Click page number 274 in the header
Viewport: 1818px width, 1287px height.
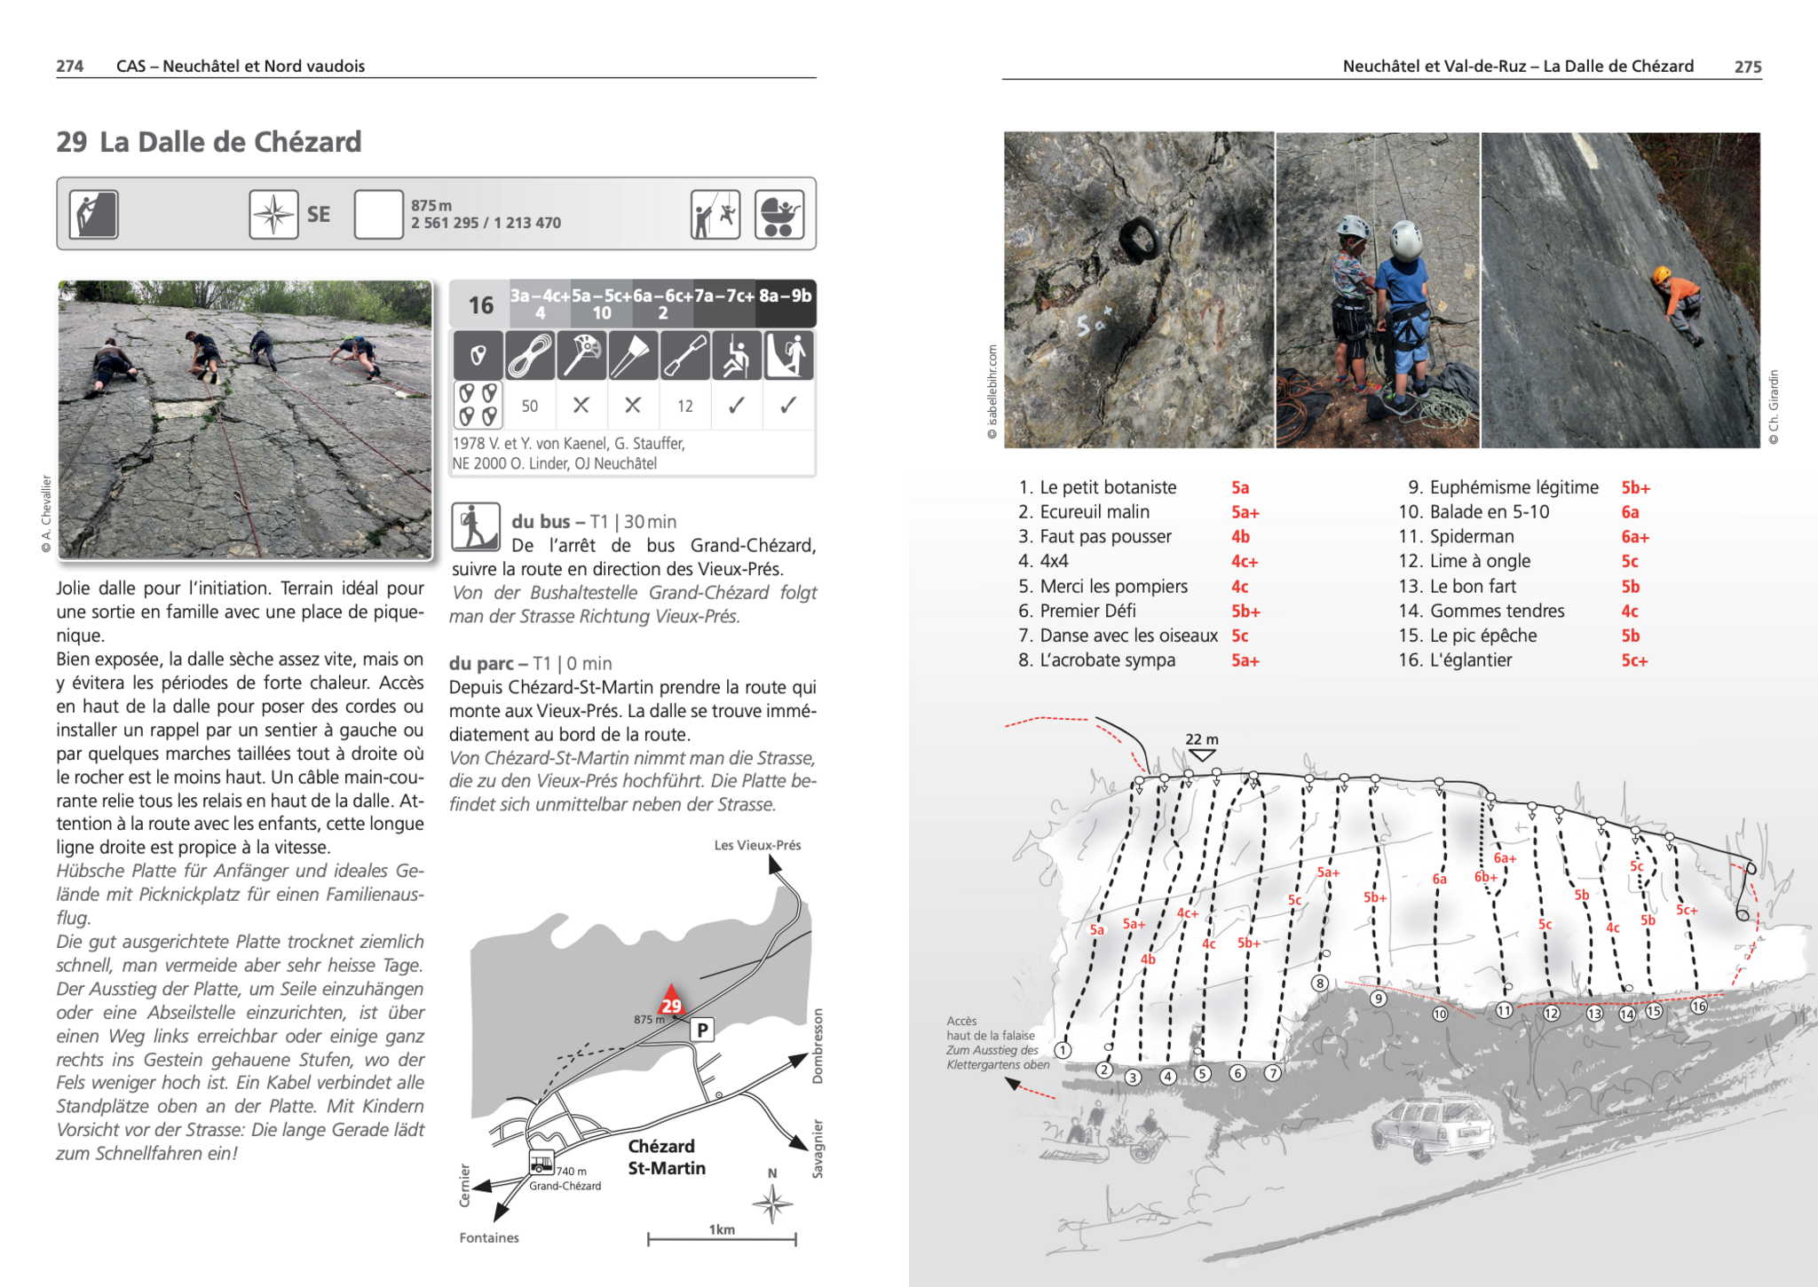pyautogui.click(x=69, y=66)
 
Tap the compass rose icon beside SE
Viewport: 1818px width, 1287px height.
pyautogui.click(x=273, y=214)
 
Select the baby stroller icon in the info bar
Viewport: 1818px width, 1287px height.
pyautogui.click(x=779, y=214)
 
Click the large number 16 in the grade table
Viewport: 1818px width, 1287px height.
pyautogui.click(x=480, y=305)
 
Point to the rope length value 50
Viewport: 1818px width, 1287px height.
pyautogui.click(x=530, y=407)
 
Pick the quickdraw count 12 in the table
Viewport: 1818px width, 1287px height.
pyautogui.click(x=684, y=407)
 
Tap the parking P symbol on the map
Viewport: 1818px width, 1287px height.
pyautogui.click(x=702, y=1030)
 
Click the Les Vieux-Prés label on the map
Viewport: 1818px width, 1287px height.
pyautogui.click(x=757, y=845)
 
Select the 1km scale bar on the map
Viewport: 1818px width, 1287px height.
pyautogui.click(x=722, y=1238)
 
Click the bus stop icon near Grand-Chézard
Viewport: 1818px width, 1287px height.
pyautogui.click(x=541, y=1163)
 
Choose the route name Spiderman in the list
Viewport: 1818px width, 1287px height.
pyautogui.click(x=1472, y=536)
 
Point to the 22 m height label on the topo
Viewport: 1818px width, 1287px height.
pyautogui.click(x=1202, y=739)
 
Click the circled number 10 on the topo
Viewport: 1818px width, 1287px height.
pyautogui.click(x=1440, y=1014)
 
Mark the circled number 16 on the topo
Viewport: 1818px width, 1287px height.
pyautogui.click(x=1698, y=1006)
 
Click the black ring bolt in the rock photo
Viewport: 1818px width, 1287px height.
pyautogui.click(x=1141, y=237)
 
